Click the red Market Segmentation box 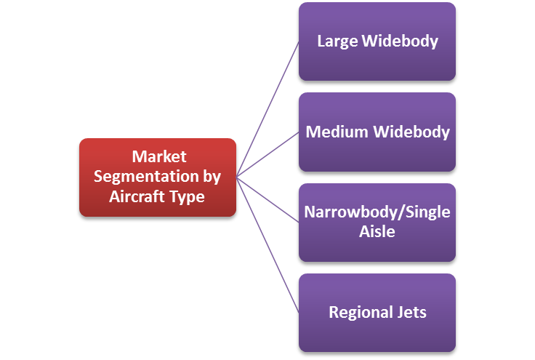(x=157, y=177)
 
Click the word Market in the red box (x=158, y=157)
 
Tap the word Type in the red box (x=188, y=196)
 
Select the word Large (x=337, y=41)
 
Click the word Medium (x=337, y=132)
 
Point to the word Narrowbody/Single (x=377, y=212)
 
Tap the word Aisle (x=377, y=231)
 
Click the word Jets (x=409, y=313)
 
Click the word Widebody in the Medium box (x=411, y=132)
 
